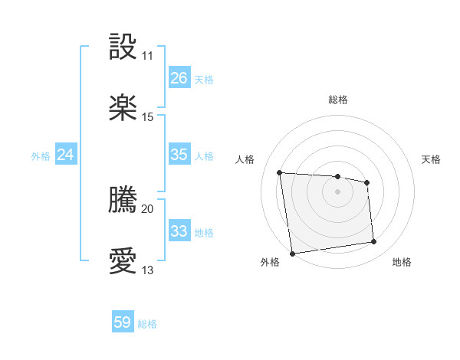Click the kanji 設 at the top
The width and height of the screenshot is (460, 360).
pos(124,48)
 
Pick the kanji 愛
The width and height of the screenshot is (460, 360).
pos(124,261)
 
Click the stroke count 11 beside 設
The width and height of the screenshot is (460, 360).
pos(147,56)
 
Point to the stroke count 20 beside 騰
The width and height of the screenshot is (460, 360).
pos(147,208)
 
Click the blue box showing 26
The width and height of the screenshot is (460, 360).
pos(179,78)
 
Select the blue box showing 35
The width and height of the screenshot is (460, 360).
pos(179,155)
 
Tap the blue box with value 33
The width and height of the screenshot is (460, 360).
pos(179,231)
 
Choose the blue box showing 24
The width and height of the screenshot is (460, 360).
pos(65,155)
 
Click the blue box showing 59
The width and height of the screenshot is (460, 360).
pos(123,322)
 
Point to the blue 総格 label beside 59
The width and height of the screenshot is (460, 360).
pos(147,324)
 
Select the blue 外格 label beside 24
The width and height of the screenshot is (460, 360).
pos(41,156)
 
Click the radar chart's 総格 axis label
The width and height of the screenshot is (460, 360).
pos(338,100)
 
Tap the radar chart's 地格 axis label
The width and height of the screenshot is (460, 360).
pos(402,262)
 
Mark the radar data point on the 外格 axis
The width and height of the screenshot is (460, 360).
pos(292,253)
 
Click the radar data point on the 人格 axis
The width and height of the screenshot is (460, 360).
pos(280,172)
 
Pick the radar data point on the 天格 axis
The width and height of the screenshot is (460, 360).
pos(367,182)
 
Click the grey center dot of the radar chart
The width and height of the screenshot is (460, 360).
pos(337,191)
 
